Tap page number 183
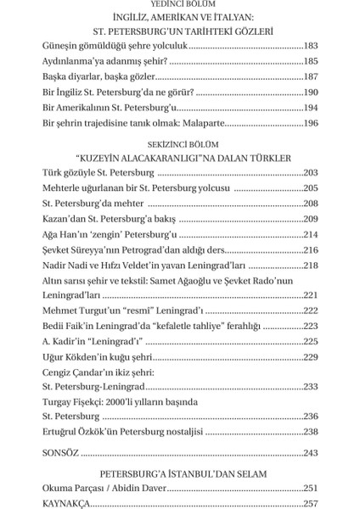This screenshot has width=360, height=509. point(310,45)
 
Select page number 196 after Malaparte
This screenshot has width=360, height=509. point(310,124)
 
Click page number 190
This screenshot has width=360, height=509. point(310,92)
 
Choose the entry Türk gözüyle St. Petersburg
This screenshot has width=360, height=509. point(89,173)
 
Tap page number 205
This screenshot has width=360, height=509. point(310,188)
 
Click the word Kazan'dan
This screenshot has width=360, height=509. point(61,220)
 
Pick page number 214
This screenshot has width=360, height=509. point(310,235)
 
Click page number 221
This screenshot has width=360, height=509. point(310,295)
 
